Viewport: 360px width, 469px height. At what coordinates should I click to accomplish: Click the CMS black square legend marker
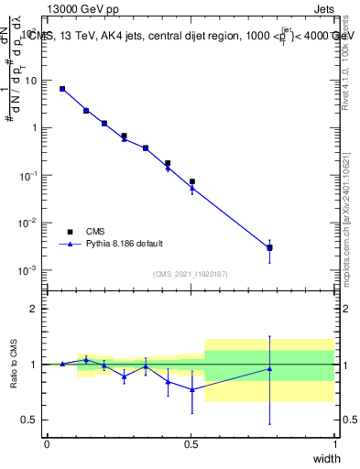[x=66, y=232]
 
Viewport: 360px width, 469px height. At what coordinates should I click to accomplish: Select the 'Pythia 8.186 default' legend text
[x=125, y=244]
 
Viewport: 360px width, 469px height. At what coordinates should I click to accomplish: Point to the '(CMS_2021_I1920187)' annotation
[x=191, y=274]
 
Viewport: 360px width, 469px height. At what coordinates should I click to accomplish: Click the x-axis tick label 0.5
[x=191, y=444]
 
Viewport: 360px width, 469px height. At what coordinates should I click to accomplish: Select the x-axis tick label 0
[x=47, y=444]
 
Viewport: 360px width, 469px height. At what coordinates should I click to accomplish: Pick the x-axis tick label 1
[x=335, y=444]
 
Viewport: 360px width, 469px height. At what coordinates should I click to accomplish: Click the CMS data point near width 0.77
[x=269, y=247]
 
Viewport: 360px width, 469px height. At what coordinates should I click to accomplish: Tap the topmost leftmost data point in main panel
[x=62, y=89]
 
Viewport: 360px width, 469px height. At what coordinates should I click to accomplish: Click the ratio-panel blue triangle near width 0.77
[x=269, y=369]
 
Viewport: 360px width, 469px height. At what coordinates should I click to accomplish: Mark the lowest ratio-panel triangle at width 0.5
[x=191, y=389]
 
